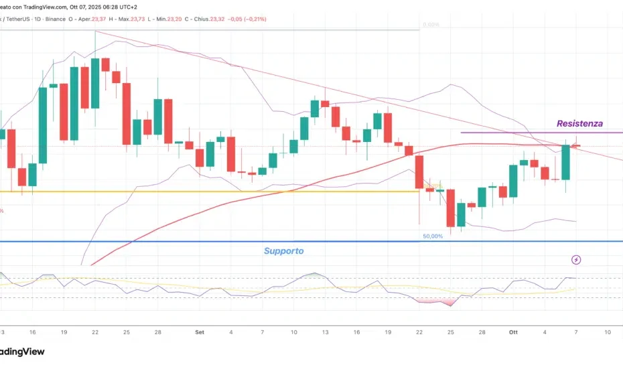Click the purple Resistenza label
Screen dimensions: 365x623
579,123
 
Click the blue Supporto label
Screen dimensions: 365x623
283,251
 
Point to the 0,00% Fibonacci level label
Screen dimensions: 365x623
430,25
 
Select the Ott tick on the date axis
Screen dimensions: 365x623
514,332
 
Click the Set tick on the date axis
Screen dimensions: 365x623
199,332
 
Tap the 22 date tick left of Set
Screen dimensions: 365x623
96,332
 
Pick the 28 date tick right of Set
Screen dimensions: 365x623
482,332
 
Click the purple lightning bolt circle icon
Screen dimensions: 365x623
575,259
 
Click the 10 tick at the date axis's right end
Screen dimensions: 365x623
607,332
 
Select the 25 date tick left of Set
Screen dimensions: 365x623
127,332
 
